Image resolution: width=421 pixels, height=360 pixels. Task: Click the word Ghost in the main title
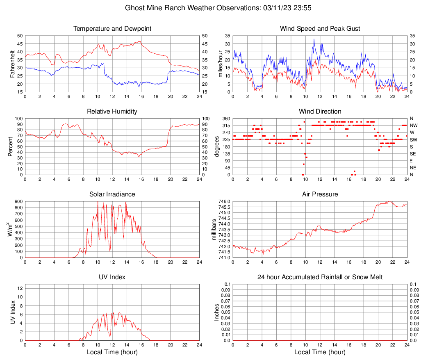tap(134, 8)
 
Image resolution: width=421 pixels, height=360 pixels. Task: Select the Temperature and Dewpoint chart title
tap(112, 29)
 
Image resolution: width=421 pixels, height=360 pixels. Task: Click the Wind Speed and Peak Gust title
tap(320, 29)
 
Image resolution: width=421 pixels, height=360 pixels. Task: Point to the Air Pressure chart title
tap(320, 194)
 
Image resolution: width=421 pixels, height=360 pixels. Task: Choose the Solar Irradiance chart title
tap(112, 194)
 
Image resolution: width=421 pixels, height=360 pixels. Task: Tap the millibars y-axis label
tap(214, 229)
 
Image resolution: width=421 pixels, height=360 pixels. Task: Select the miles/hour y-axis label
tap(221, 64)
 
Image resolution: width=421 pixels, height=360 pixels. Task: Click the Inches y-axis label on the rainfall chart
tap(217, 312)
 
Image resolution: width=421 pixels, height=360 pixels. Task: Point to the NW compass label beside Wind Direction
tap(414, 125)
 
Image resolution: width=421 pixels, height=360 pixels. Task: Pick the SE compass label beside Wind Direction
tap(413, 154)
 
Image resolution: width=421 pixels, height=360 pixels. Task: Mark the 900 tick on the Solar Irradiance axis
tap(18, 202)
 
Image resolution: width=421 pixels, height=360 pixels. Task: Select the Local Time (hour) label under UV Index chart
tap(112, 352)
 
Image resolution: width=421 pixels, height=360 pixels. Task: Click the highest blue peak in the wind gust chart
tap(314, 39)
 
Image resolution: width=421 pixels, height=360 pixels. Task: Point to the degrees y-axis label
tap(217, 146)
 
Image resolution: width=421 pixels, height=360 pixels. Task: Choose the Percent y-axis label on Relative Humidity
tap(10, 146)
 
